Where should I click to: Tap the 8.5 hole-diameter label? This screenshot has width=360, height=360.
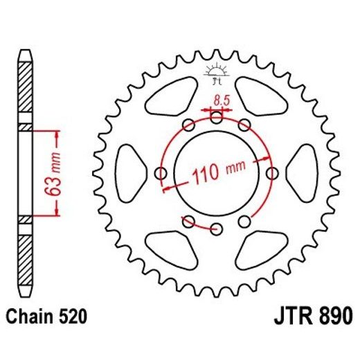click(x=222, y=100)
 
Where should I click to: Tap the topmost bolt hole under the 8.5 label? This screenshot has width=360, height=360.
click(x=217, y=118)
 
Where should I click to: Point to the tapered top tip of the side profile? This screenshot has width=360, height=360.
click(x=25, y=55)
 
